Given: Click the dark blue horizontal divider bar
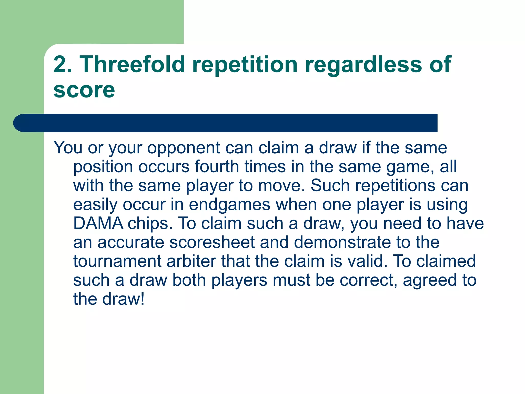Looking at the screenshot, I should pyautogui.click(x=226, y=123).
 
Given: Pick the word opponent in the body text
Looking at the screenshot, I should pyautogui.click(x=184, y=148).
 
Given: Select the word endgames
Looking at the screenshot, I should pyautogui.click(x=229, y=205).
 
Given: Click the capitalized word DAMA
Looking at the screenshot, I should pyautogui.click(x=98, y=223).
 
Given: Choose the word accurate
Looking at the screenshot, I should pyautogui.click(x=131, y=242).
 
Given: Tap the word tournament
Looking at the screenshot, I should pyautogui.click(x=117, y=261).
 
